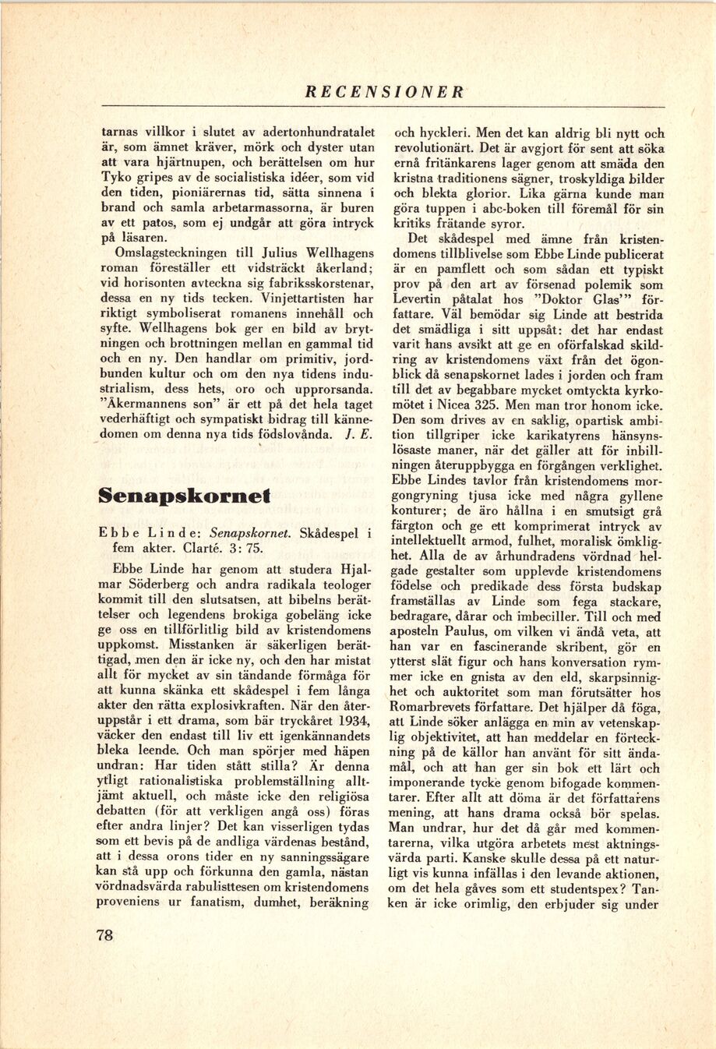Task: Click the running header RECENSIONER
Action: tap(385, 92)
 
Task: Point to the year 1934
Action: tap(354, 718)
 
